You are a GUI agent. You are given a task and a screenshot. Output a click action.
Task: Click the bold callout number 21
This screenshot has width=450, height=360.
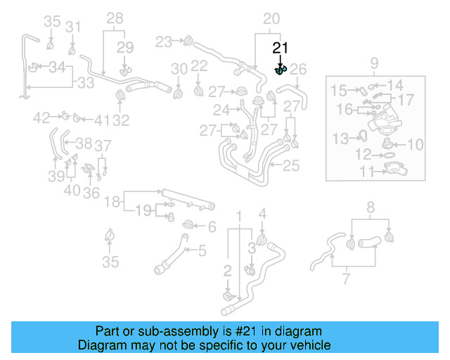(281, 48)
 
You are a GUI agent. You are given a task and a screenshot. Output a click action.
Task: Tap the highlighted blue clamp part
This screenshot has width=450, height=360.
(280, 70)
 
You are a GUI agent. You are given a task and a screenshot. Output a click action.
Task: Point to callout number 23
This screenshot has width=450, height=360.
(164, 42)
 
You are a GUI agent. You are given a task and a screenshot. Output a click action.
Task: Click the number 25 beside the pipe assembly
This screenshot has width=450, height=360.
(291, 166)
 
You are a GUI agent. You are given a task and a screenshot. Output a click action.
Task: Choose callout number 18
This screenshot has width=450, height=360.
(112, 202)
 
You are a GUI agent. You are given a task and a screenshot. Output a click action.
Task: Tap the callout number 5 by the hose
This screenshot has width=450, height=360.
(201, 250)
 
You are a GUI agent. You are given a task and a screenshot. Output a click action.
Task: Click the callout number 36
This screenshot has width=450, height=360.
(91, 193)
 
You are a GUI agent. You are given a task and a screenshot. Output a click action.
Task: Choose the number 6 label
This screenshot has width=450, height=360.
(212, 226)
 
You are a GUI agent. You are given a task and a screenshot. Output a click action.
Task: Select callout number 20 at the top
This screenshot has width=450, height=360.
(271, 19)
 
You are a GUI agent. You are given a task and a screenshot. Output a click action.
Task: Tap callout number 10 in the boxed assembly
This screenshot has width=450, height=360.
(415, 145)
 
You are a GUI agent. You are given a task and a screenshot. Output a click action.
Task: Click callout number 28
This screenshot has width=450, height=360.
(115, 18)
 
